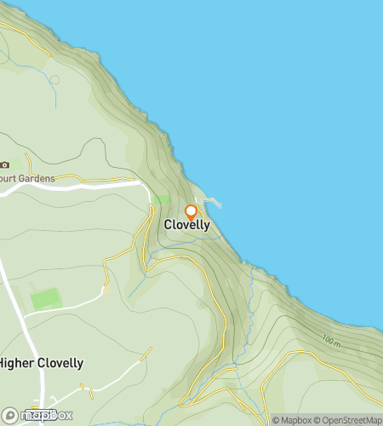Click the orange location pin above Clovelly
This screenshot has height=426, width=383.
(x=191, y=211)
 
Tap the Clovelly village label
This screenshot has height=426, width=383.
(x=186, y=225)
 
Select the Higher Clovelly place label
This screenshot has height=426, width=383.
(x=41, y=363)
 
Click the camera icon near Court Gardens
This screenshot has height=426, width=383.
(x=5, y=164)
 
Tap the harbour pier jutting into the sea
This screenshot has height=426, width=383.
(x=213, y=203)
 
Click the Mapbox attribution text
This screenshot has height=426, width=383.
(x=290, y=420)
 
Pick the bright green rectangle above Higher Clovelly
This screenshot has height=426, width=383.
(x=46, y=299)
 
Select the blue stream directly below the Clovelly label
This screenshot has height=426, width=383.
(x=183, y=241)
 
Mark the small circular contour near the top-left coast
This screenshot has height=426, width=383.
(x=55, y=80)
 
